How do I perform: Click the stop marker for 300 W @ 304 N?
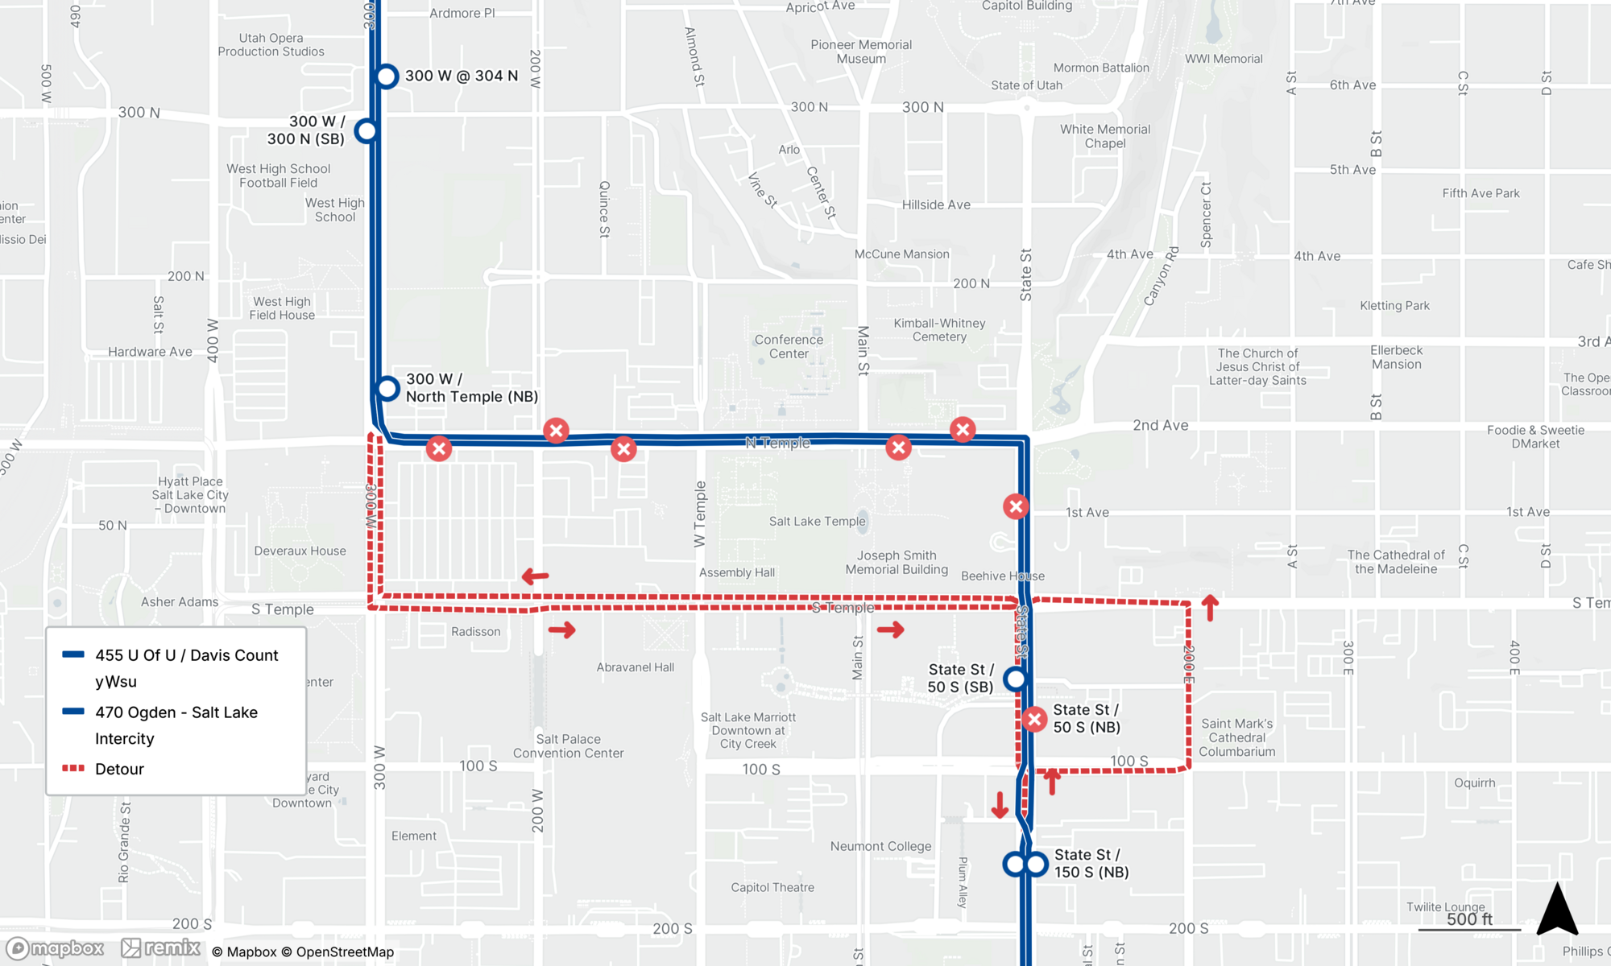[x=387, y=76]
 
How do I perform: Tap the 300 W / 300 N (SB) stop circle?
[x=367, y=130]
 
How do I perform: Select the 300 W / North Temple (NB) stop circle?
[x=387, y=389]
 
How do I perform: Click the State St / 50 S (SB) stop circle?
[x=1016, y=679]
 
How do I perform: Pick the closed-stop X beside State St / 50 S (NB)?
[x=1034, y=719]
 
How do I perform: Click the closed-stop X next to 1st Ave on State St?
[x=1016, y=506]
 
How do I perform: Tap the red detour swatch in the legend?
[x=73, y=769]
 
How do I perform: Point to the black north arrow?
[x=1557, y=910]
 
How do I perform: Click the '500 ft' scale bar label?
[x=1469, y=919]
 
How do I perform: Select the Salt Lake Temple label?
[x=817, y=522]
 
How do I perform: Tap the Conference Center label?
[x=789, y=347]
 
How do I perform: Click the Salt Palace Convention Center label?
[x=568, y=746]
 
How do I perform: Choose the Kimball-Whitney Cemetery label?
[x=939, y=330]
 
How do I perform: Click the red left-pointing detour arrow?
[x=536, y=576]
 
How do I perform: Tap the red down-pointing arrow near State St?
[x=1000, y=804]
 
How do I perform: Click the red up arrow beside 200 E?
[x=1210, y=608]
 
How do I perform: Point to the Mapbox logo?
[x=55, y=948]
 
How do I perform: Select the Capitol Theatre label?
[x=772, y=887]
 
